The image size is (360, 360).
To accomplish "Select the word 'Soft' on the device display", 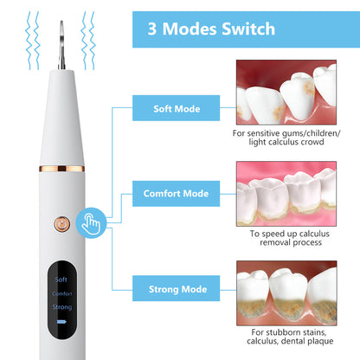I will coord(60,280).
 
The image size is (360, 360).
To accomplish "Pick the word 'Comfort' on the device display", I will coord(60,293).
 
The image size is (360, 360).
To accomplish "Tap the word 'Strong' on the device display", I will coord(60,307).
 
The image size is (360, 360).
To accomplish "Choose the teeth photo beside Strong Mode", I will coord(286,292).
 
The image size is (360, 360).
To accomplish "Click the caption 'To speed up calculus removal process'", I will coord(286,240).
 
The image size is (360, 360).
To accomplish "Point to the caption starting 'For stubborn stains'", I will coord(286,340).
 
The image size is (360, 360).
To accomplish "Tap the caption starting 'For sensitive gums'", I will coord(286,139).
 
